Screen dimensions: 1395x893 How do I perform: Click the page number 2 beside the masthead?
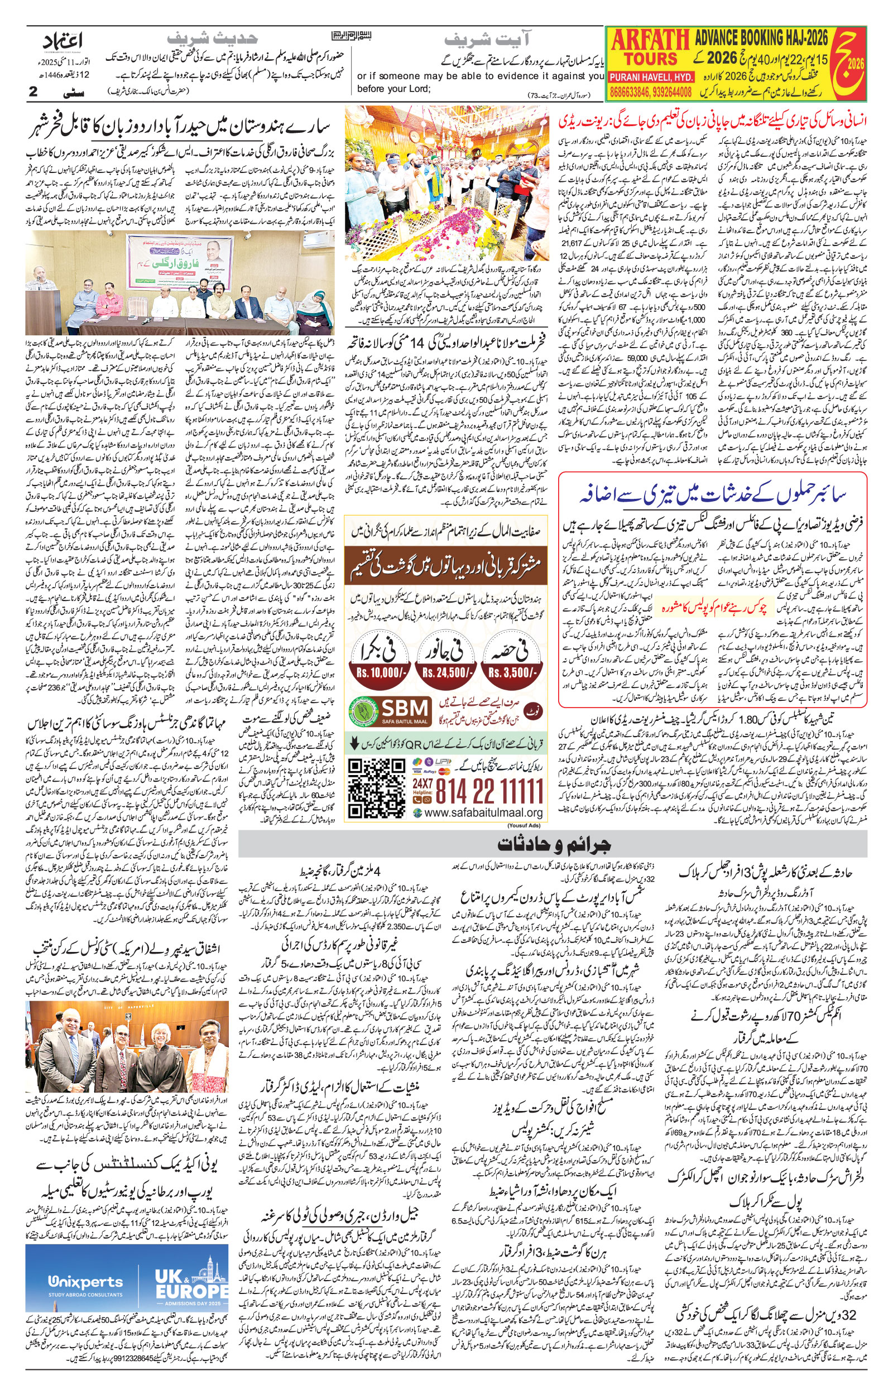[33, 91]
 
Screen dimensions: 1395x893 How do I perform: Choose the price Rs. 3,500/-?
[513, 673]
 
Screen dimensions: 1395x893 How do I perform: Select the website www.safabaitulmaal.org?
[483, 813]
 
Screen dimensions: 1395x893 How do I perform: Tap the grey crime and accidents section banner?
[553, 844]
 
